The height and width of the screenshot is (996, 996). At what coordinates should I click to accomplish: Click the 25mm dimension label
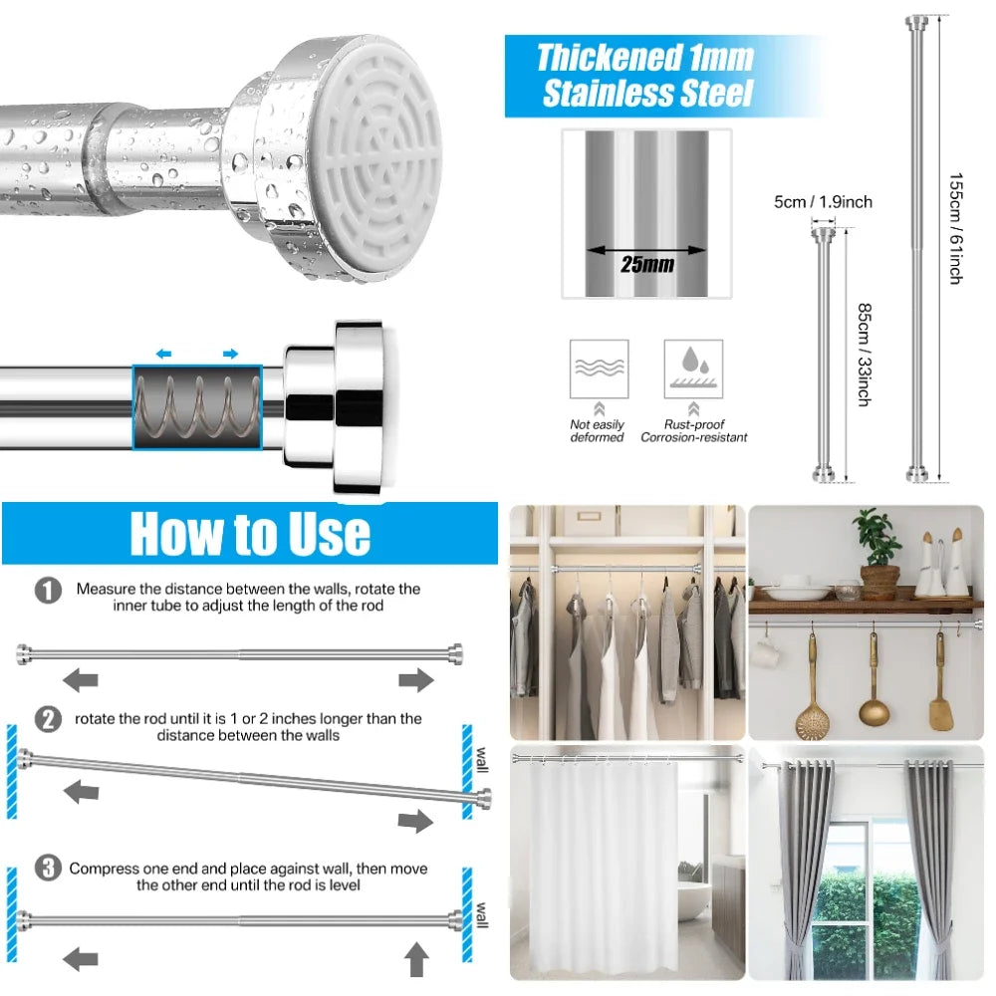(647, 264)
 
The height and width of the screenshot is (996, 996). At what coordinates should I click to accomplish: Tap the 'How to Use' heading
(250, 534)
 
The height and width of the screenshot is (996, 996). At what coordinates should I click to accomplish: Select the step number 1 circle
(48, 590)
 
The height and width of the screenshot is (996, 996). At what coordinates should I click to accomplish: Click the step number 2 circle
(48, 720)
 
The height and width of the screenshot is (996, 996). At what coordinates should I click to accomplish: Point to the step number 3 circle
(48, 868)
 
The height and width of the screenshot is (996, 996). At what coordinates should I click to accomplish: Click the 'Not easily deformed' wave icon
(599, 369)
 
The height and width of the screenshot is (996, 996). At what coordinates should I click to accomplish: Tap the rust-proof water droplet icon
(693, 369)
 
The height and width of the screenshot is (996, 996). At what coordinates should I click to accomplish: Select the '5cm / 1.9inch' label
(823, 202)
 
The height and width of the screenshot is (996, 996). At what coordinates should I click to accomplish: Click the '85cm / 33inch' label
(865, 355)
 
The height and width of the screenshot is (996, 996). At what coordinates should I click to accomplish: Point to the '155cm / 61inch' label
(956, 229)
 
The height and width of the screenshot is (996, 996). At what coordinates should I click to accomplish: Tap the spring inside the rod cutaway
(197, 407)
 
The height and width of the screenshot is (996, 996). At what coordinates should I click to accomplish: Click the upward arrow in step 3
(416, 959)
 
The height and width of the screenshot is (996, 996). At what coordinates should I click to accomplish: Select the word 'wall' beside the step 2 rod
(483, 760)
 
